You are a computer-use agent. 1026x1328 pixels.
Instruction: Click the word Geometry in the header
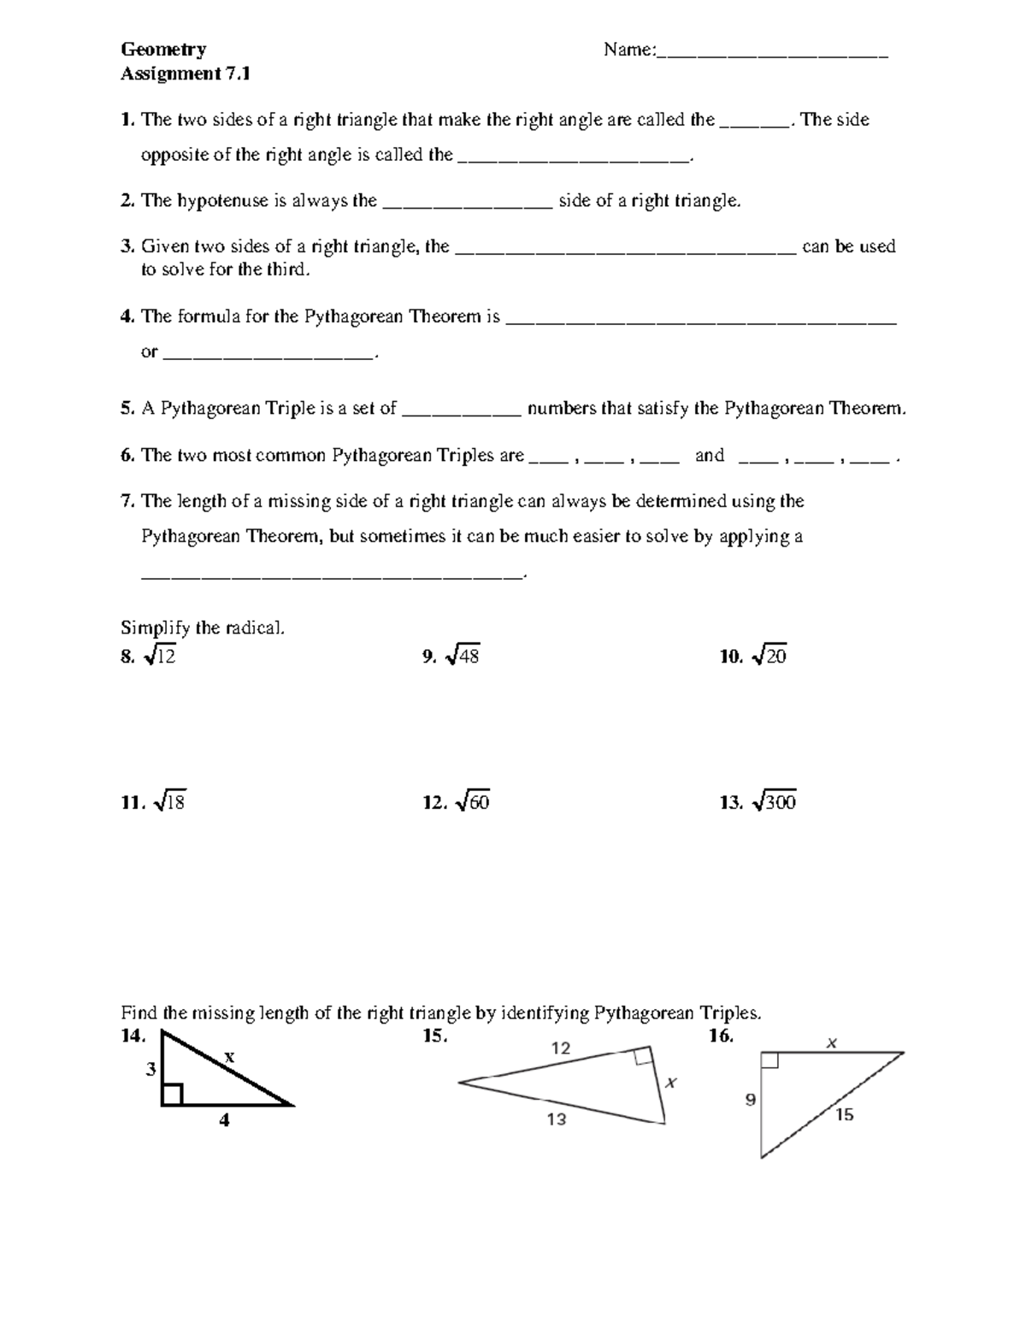162,50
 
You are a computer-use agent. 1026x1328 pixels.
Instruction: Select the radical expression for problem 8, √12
161,656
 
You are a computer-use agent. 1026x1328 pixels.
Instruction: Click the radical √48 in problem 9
463,656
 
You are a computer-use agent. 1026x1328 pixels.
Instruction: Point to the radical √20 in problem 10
769,656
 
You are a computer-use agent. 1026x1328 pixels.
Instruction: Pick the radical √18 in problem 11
168,802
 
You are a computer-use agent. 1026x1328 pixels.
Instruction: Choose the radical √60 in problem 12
473,802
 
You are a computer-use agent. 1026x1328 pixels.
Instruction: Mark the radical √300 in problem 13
774,802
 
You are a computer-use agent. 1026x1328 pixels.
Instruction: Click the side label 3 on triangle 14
150,1069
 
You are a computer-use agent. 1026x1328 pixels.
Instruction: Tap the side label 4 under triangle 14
224,1119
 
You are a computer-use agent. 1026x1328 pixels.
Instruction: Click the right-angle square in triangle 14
172,1095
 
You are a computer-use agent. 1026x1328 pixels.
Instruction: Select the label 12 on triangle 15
560,1048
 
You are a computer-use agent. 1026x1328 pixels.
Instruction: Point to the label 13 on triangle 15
557,1119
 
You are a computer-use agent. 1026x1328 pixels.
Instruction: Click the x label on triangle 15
671,1083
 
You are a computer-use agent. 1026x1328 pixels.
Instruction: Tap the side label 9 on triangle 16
750,1100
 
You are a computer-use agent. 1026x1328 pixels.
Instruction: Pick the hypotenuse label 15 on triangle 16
845,1114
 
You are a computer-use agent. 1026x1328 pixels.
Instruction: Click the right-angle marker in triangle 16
769,1061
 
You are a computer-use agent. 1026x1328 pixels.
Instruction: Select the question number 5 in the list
127,409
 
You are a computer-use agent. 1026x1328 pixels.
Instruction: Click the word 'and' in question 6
709,455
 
